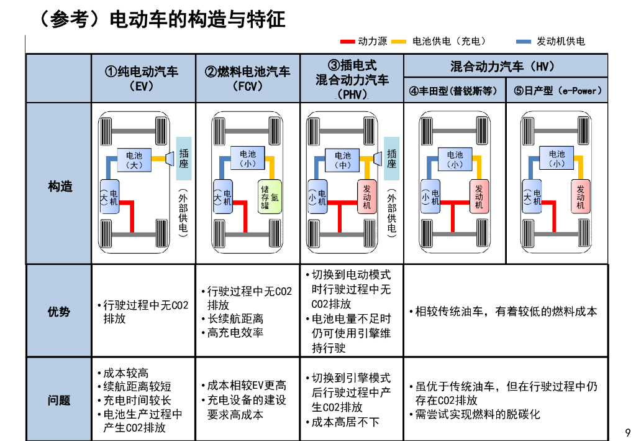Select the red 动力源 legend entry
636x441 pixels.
coord(365,41)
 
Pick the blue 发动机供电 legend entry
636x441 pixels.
coord(552,41)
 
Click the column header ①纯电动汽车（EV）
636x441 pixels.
coord(143,78)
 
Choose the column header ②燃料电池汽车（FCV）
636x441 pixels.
coord(247,78)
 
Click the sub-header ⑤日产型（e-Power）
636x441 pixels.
coord(558,91)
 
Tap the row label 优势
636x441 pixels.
coord(60,312)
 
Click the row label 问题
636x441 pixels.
coord(60,400)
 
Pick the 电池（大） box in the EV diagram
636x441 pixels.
coord(134,160)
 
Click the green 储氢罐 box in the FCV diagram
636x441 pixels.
coord(270,197)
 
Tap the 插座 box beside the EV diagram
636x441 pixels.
coord(184,159)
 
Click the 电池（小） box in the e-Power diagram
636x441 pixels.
coord(556,159)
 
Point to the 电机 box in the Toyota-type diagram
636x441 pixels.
coord(431,197)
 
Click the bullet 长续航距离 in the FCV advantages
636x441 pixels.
coord(235,318)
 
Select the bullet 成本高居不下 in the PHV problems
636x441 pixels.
coord(345,422)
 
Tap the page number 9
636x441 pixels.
coord(627,432)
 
